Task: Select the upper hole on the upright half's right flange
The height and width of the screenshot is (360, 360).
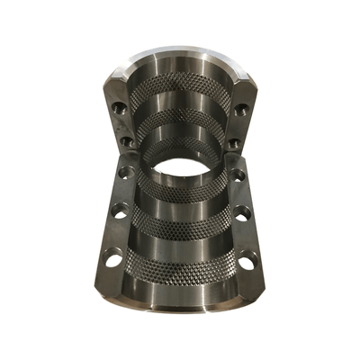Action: (241, 109)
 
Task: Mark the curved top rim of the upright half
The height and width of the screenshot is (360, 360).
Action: (180, 56)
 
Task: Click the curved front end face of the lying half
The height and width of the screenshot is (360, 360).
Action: (180, 301)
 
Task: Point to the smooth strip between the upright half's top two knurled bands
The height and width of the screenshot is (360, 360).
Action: (180, 103)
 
